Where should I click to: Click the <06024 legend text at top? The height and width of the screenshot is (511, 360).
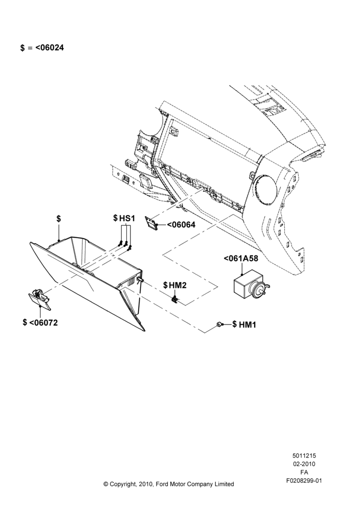click(x=50, y=48)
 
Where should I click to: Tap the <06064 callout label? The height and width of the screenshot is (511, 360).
click(x=182, y=224)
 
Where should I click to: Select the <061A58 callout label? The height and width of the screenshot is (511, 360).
click(x=241, y=259)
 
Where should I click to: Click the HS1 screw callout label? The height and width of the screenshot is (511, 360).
click(x=127, y=218)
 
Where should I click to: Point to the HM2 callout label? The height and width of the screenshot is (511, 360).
click(x=178, y=285)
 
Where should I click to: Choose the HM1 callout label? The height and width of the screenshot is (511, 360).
click(x=247, y=324)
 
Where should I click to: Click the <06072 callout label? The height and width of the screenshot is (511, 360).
click(x=43, y=322)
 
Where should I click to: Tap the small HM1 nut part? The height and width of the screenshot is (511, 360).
click(x=219, y=324)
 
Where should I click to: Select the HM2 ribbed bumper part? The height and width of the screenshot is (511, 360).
click(x=175, y=299)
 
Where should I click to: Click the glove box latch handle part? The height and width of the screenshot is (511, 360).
click(x=39, y=298)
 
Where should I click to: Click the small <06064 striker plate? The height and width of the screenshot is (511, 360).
click(x=151, y=223)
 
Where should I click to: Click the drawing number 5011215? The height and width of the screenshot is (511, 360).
click(x=304, y=456)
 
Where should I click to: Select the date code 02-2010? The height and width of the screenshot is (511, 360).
click(x=304, y=464)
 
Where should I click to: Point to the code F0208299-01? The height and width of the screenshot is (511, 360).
click(x=304, y=481)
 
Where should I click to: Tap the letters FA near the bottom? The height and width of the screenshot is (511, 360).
click(x=304, y=472)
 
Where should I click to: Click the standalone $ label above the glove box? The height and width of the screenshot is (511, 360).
click(x=59, y=218)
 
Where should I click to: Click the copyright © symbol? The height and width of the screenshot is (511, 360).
click(x=106, y=484)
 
